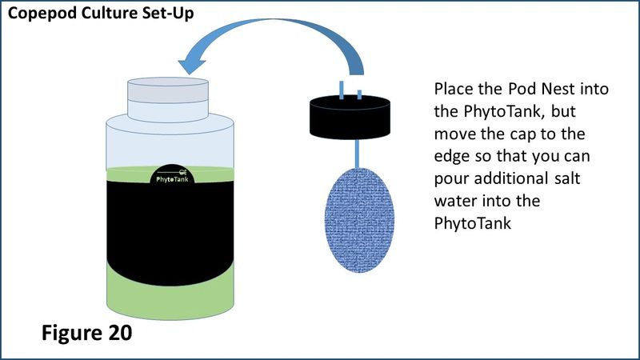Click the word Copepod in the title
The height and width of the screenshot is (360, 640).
click(42, 14)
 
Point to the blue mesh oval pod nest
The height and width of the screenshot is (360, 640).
click(359, 220)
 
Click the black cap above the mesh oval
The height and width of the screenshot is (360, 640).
click(350, 118)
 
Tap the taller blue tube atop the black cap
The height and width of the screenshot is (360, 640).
click(342, 90)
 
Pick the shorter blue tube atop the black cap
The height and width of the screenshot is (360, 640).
click(359, 94)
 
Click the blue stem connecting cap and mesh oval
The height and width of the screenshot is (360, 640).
click(357, 154)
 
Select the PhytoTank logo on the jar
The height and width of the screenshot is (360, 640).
click(172, 175)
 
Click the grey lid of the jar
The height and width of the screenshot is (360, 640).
click(168, 99)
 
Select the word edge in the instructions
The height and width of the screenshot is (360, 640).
click(452, 157)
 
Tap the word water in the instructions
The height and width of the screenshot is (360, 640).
click(454, 202)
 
